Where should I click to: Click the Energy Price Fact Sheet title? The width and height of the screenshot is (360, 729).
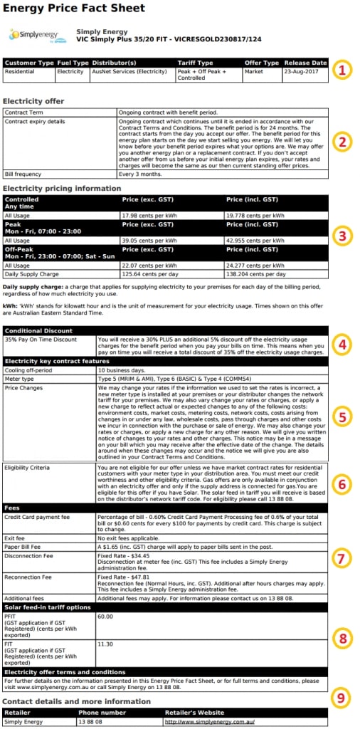point(74,9)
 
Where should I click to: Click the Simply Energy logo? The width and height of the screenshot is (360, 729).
point(36,35)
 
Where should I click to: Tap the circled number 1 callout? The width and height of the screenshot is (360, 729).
point(343,70)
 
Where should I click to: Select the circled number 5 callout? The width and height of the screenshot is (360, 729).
point(343,416)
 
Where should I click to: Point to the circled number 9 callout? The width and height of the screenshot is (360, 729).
point(343,698)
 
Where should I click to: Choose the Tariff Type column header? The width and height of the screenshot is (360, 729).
point(195,63)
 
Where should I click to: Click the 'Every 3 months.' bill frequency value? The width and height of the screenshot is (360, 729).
point(139,174)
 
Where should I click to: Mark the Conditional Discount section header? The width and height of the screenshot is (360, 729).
point(38,330)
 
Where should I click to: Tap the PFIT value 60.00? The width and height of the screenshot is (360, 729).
point(106,616)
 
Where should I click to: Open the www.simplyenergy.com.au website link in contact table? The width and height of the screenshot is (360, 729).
point(210,722)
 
